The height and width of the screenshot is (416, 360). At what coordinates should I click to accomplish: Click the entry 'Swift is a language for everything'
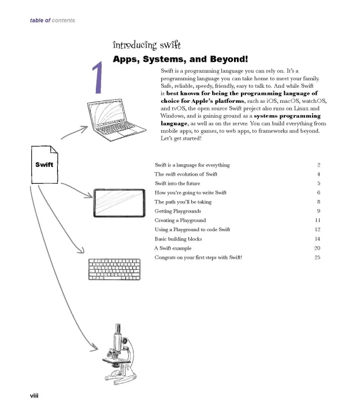point(192,165)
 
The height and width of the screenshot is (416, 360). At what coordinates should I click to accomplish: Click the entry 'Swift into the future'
point(177,184)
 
